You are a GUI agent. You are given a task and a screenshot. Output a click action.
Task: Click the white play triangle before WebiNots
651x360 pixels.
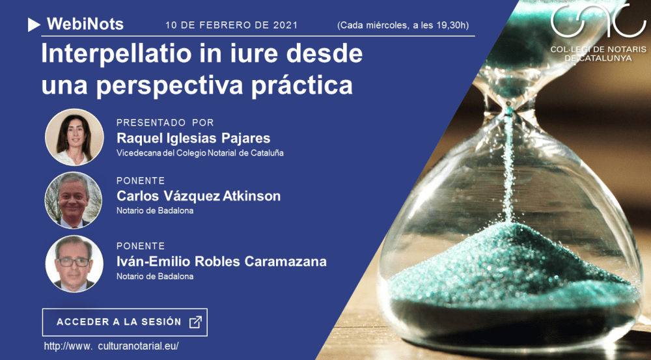pos(34,25)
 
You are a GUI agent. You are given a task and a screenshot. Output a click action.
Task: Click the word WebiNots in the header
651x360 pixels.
pos(85,25)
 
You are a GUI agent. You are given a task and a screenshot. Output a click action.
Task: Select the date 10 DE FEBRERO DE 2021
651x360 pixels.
pos(231,25)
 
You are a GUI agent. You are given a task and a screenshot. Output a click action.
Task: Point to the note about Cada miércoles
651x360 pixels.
pos(402,25)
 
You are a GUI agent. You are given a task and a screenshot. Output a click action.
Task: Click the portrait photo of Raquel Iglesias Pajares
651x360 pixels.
pos(74,137)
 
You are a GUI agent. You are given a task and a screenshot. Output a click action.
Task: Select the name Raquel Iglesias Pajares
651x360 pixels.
pos(193,138)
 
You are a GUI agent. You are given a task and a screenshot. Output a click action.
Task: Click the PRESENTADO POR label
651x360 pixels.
pos(165,122)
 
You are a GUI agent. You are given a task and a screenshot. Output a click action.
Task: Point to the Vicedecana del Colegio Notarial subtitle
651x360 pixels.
pos(199,153)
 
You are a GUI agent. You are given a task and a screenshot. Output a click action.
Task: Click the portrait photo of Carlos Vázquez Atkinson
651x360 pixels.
pos(74,200)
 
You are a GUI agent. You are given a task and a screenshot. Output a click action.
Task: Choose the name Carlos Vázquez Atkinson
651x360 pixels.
pos(198,196)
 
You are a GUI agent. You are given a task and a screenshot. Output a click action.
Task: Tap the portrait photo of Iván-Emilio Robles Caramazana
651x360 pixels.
pos(74,264)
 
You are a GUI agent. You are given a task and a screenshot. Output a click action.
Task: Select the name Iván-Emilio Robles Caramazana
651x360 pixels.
pos(221,262)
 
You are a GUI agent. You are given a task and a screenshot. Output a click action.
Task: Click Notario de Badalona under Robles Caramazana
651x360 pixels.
pos(154,276)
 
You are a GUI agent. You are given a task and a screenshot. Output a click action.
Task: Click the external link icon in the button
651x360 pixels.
pos(195,322)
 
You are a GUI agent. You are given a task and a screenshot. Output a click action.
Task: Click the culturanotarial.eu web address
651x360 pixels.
pos(111,346)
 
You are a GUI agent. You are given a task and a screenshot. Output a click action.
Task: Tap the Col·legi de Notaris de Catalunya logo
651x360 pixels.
pos(598,32)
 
